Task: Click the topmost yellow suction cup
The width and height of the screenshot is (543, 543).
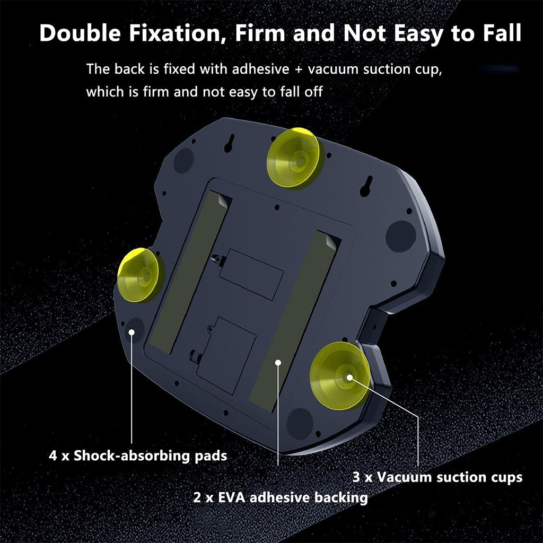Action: click(x=294, y=158)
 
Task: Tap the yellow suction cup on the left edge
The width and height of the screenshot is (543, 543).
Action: click(x=139, y=275)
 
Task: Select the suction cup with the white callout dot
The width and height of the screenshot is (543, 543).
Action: click(x=341, y=376)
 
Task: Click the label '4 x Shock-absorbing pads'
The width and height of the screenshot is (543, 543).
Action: click(x=138, y=456)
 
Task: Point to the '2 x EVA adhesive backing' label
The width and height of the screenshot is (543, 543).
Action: click(x=281, y=497)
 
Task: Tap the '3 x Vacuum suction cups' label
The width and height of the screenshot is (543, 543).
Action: click(x=437, y=477)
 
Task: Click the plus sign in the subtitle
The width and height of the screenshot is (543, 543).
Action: click(x=299, y=69)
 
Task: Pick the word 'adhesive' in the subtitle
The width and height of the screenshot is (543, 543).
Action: click(x=260, y=69)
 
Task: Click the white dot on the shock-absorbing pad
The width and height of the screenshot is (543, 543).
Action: click(x=132, y=332)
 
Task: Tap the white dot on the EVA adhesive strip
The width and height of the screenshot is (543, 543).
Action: click(x=278, y=363)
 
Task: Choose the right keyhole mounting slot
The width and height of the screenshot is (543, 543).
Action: click(x=366, y=186)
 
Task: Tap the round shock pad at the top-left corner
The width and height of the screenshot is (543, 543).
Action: click(x=183, y=160)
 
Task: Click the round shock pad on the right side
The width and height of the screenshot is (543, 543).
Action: click(x=401, y=236)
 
